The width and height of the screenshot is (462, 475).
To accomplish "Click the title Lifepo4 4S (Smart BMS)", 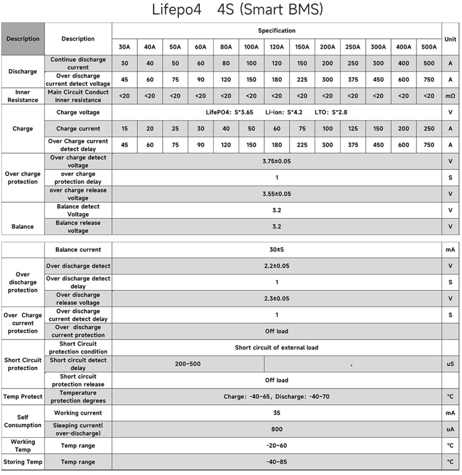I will pyautogui.click(x=237, y=10).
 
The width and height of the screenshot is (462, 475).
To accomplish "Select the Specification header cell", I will pyautogui.click(x=277, y=31).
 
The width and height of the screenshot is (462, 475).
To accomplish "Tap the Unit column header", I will pyautogui.click(x=450, y=39).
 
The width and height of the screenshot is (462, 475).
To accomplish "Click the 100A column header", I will pyautogui.click(x=251, y=47).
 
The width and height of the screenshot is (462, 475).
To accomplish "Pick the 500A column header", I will pyautogui.click(x=429, y=47).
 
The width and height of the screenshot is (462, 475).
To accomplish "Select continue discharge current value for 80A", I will pyautogui.click(x=226, y=63).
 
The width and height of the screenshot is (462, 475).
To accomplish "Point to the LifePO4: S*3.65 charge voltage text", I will pyautogui.click(x=229, y=112).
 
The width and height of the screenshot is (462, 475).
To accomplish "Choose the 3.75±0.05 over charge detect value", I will pyautogui.click(x=277, y=161).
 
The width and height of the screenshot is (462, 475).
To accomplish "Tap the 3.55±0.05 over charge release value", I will pyautogui.click(x=277, y=194).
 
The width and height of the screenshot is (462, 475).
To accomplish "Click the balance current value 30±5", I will pyautogui.click(x=277, y=250).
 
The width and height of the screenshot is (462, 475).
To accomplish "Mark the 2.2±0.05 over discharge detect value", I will pyautogui.click(x=277, y=266).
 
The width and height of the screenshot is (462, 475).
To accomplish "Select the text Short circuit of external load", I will pyautogui.click(x=277, y=348).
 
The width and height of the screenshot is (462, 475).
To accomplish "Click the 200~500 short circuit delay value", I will pyautogui.click(x=188, y=364).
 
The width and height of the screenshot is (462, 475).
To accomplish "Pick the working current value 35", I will pyautogui.click(x=277, y=413).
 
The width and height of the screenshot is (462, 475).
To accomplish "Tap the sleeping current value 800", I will pyautogui.click(x=277, y=429).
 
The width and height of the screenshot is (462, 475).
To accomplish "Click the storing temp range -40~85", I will pyautogui.click(x=277, y=462).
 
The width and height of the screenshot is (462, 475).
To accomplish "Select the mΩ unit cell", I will pyautogui.click(x=450, y=96).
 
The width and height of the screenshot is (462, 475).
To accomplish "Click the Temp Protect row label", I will pyautogui.click(x=23, y=397).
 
